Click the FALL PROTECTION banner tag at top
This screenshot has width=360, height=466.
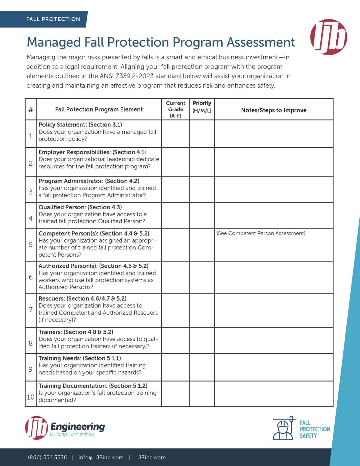[x=53, y=19]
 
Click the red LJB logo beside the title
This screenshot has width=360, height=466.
[x=328, y=37]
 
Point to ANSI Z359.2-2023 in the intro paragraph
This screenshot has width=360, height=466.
[x=127, y=76]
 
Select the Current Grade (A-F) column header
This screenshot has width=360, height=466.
[x=176, y=109]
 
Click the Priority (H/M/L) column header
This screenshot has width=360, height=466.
[x=202, y=107]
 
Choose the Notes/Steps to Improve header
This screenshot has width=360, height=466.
[x=274, y=110]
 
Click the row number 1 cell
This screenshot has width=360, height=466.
[x=31, y=136]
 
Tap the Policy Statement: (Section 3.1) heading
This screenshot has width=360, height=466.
[x=80, y=125]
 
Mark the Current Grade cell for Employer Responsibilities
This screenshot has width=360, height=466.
[x=176, y=162]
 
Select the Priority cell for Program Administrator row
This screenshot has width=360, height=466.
[x=202, y=189]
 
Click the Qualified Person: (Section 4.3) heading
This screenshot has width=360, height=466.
[x=80, y=207]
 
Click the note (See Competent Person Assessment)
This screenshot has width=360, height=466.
[x=261, y=233]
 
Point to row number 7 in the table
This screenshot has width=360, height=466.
[x=31, y=310]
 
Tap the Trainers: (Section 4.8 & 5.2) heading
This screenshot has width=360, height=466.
[x=76, y=332]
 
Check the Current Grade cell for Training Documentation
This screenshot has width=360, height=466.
[x=176, y=394]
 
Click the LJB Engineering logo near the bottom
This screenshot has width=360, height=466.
[x=65, y=427]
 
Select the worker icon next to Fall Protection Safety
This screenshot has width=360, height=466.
[x=284, y=428]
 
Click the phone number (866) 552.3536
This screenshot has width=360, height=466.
[x=47, y=457]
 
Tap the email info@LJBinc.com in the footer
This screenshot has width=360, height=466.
[x=101, y=457]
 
